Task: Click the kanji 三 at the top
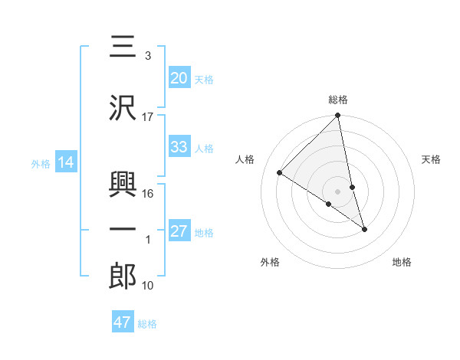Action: coord(123,47)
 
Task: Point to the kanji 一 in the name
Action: coord(123,229)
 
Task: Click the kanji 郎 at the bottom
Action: coord(123,277)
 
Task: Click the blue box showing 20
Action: coord(179,78)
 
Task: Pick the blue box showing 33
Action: coord(179,147)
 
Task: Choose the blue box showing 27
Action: coord(179,231)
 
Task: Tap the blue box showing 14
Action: coord(66,162)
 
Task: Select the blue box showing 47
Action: coord(123,322)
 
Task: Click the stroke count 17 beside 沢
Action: coord(148,116)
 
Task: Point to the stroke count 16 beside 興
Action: coord(149,194)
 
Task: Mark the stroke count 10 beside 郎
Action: coord(149,286)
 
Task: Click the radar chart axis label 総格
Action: coord(338,100)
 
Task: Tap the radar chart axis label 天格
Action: coord(432,159)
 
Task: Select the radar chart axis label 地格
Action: coord(402,262)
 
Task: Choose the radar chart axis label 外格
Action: coord(270,262)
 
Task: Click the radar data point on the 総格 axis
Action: coord(338,116)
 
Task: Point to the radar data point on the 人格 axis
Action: coord(280,172)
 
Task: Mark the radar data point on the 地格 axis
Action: coord(364,229)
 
